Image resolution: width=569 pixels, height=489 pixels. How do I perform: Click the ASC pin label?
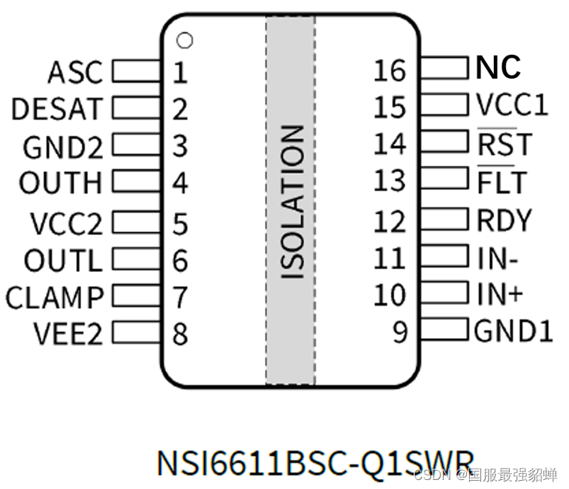74,73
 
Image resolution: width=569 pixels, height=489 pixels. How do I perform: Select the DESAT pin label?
56,110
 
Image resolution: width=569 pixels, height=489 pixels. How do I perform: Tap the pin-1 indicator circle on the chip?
185,41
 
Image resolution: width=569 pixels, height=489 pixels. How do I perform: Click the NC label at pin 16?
498,68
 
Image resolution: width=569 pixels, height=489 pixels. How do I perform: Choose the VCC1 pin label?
512,105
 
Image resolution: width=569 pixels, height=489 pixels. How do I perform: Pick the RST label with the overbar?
504,143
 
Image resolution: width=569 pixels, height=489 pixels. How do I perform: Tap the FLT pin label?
502,182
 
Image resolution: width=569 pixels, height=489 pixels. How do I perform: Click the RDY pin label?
504,220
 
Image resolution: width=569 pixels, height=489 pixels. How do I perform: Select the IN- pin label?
497,258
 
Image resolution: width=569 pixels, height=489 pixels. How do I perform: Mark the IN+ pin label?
499,294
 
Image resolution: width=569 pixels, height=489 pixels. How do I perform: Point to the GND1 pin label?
513,331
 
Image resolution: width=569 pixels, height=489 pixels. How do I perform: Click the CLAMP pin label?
54,297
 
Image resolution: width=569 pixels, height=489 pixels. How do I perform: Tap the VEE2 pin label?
68,334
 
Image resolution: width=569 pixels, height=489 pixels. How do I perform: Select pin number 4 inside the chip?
179,183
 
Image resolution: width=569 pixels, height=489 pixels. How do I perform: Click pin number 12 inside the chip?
390,221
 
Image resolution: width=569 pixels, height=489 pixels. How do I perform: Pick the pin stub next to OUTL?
137,260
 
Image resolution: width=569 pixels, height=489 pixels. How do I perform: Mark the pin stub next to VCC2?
137,222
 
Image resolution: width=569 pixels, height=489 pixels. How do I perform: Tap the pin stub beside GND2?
137,146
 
